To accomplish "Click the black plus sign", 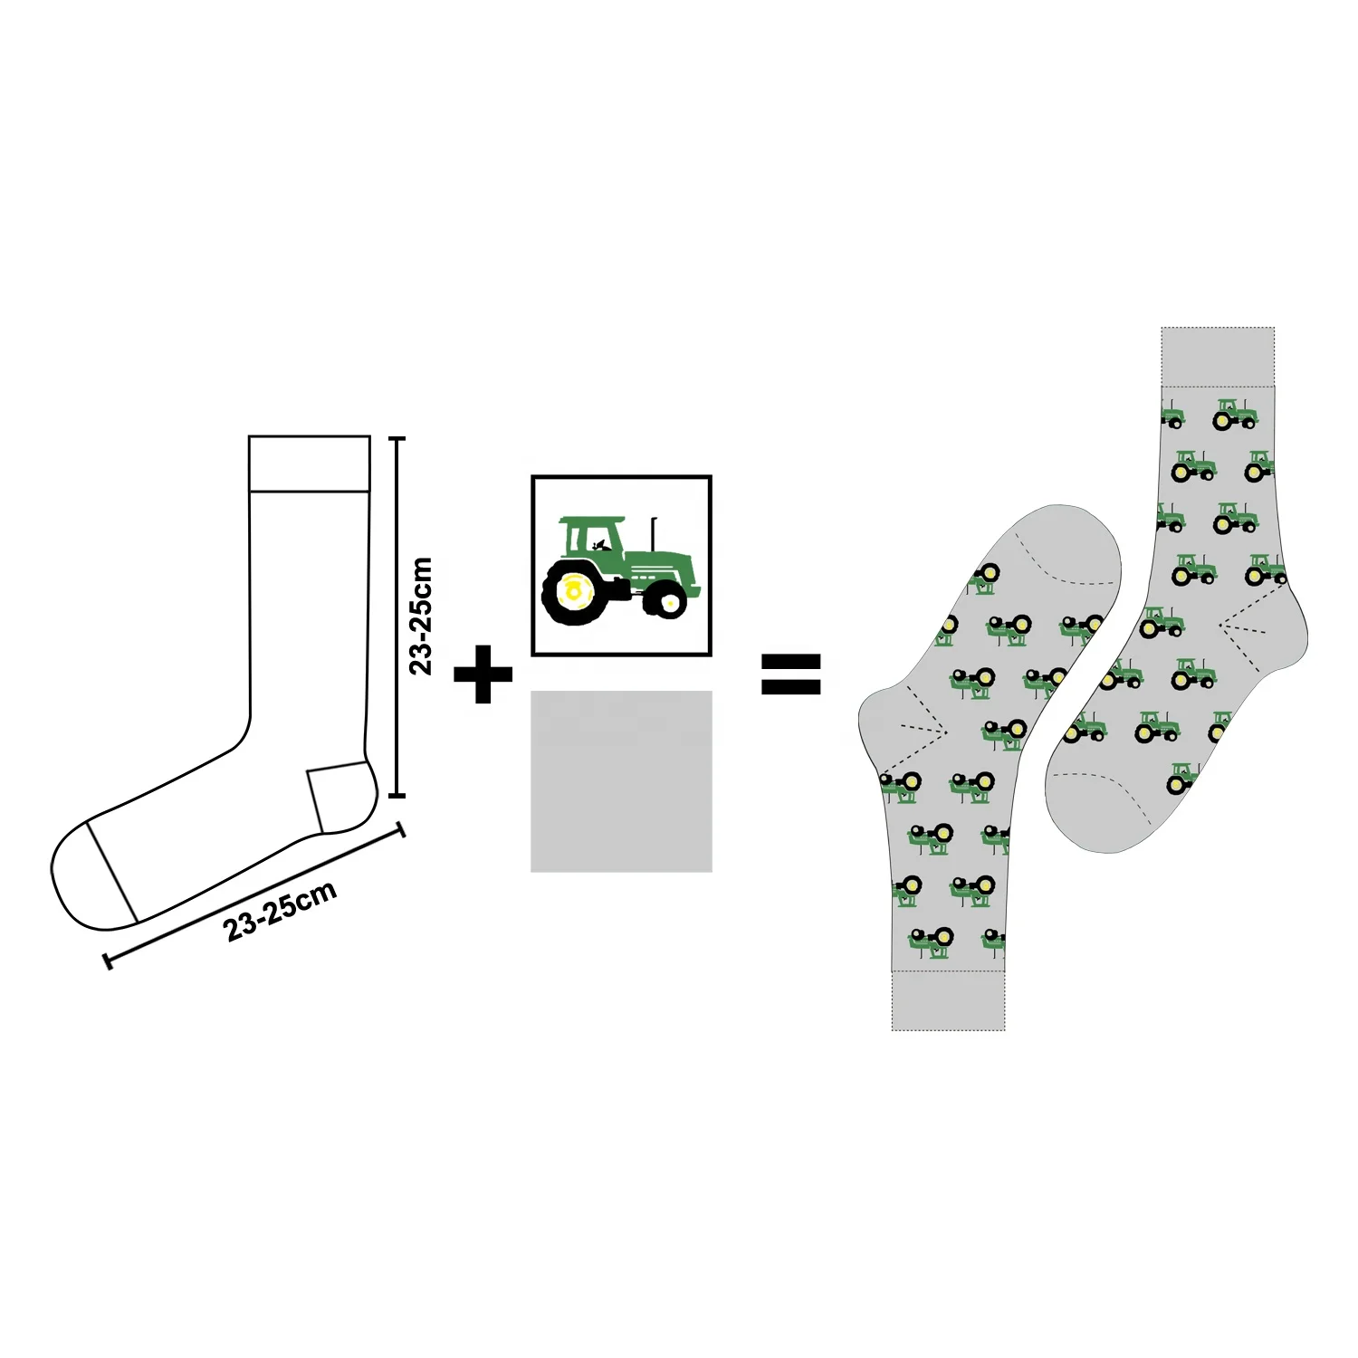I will pos(483,674).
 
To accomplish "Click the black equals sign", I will pos(790,674).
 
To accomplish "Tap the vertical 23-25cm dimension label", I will pos(421,616).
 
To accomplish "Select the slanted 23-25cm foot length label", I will pos(280,909).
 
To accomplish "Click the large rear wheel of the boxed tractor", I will pos(572,592).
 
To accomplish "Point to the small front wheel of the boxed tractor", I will pos(669,599).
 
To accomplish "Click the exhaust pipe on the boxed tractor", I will pos(654,534).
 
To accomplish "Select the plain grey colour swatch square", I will pos(621,781).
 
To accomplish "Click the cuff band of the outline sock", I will pos(310,464).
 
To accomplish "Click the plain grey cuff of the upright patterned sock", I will pos(1218,357).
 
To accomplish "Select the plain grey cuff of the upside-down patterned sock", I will pos(948,1001).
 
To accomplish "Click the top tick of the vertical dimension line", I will pos(397,438).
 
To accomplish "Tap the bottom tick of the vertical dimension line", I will pos(397,796).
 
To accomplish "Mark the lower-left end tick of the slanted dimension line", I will pos(109,961).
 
